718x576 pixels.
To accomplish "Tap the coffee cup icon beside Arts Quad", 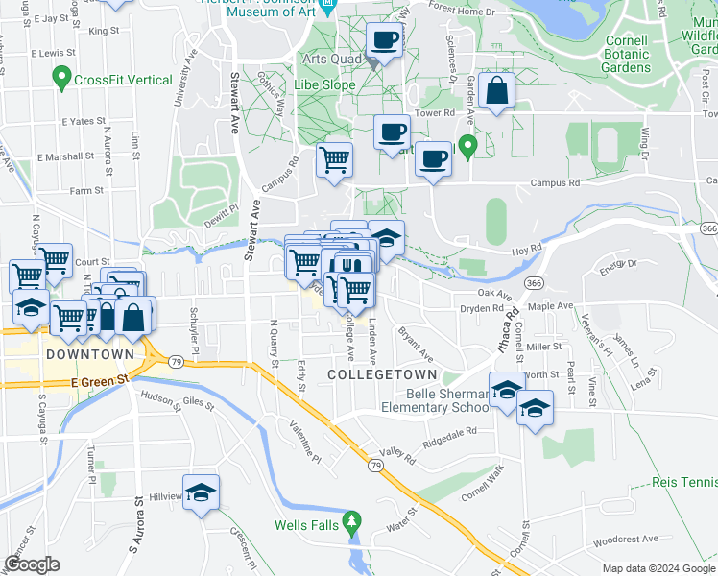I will coord(385,41).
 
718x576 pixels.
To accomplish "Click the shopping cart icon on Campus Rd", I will coord(334,159).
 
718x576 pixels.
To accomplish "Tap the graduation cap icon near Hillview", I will coord(201,492).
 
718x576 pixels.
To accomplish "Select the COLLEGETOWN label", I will coord(382,373).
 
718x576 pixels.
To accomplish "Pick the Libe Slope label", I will coord(329,85).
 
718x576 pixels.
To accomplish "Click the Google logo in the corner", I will coord(32,564).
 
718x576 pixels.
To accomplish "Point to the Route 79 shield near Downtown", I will coord(176,362).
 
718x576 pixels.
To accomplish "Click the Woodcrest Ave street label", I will coord(626,540).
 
